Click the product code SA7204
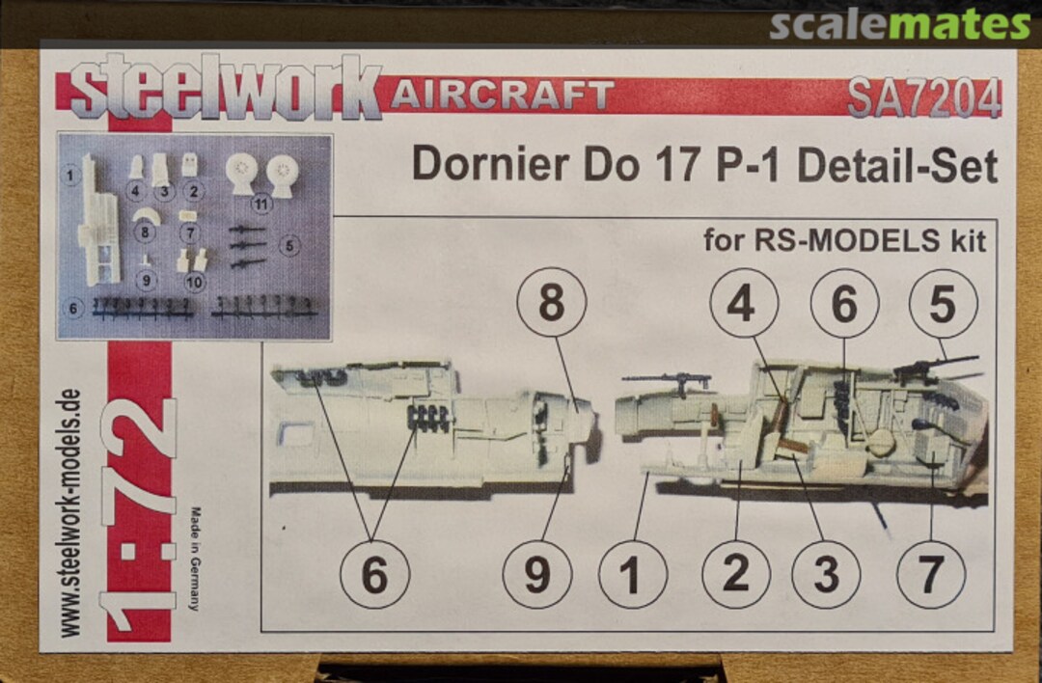click(x=923, y=97)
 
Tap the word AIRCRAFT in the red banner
click(x=502, y=95)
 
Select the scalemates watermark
click(x=899, y=24)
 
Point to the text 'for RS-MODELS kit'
click(x=844, y=240)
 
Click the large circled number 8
click(x=551, y=303)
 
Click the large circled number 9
click(x=537, y=575)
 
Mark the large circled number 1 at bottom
click(x=632, y=575)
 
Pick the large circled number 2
click(x=735, y=575)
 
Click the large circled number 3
click(x=825, y=575)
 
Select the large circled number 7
click(x=930, y=575)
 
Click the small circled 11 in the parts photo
click(x=260, y=205)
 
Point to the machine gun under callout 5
click(x=931, y=368)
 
